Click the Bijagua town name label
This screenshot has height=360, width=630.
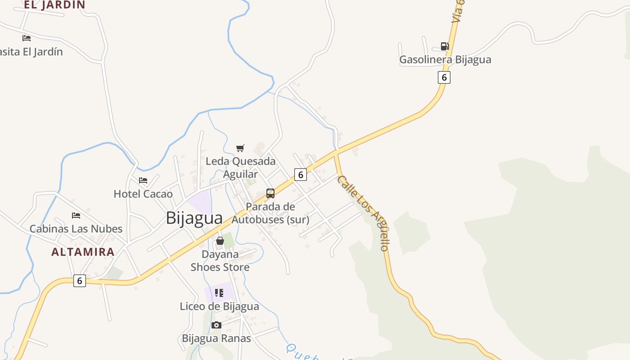point(194,218)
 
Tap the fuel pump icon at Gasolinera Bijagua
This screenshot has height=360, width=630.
point(445,46)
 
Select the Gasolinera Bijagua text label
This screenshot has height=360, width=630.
point(445,59)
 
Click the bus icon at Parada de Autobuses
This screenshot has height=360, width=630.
point(270,193)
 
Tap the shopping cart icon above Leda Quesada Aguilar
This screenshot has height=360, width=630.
point(240,148)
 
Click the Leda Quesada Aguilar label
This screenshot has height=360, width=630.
point(240,167)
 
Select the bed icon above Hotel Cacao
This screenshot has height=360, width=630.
point(143,180)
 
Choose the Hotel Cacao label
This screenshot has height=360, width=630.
point(143,194)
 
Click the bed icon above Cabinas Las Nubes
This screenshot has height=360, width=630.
point(76,216)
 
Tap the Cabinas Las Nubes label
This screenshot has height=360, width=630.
point(76,229)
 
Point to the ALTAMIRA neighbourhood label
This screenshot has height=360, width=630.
point(83,252)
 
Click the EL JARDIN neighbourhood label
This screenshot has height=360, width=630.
point(54,5)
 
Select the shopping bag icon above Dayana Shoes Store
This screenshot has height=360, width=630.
point(220,241)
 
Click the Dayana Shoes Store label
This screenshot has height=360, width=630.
point(220,261)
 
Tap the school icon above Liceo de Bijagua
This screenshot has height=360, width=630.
point(219,293)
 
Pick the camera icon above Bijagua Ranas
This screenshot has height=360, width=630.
point(216,325)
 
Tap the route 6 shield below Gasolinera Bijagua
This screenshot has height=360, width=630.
point(444,77)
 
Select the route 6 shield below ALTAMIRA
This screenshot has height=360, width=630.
point(79,281)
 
